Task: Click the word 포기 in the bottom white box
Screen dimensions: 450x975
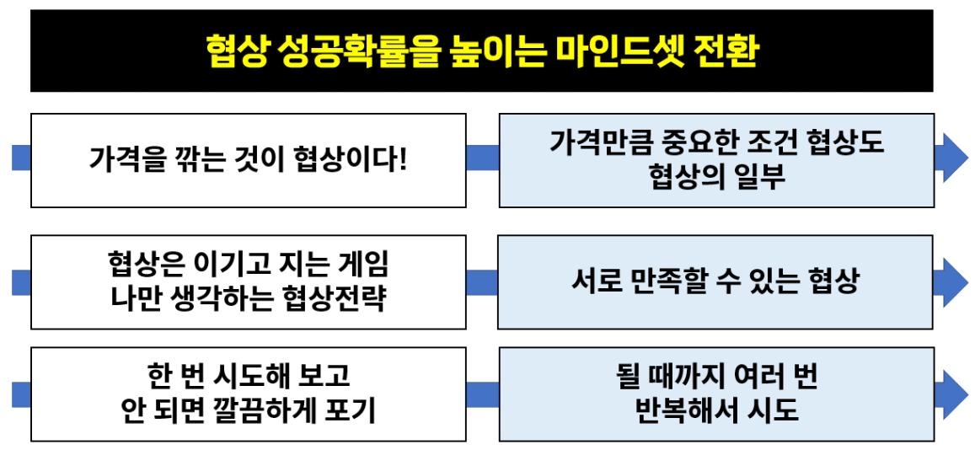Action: click(x=351, y=410)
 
